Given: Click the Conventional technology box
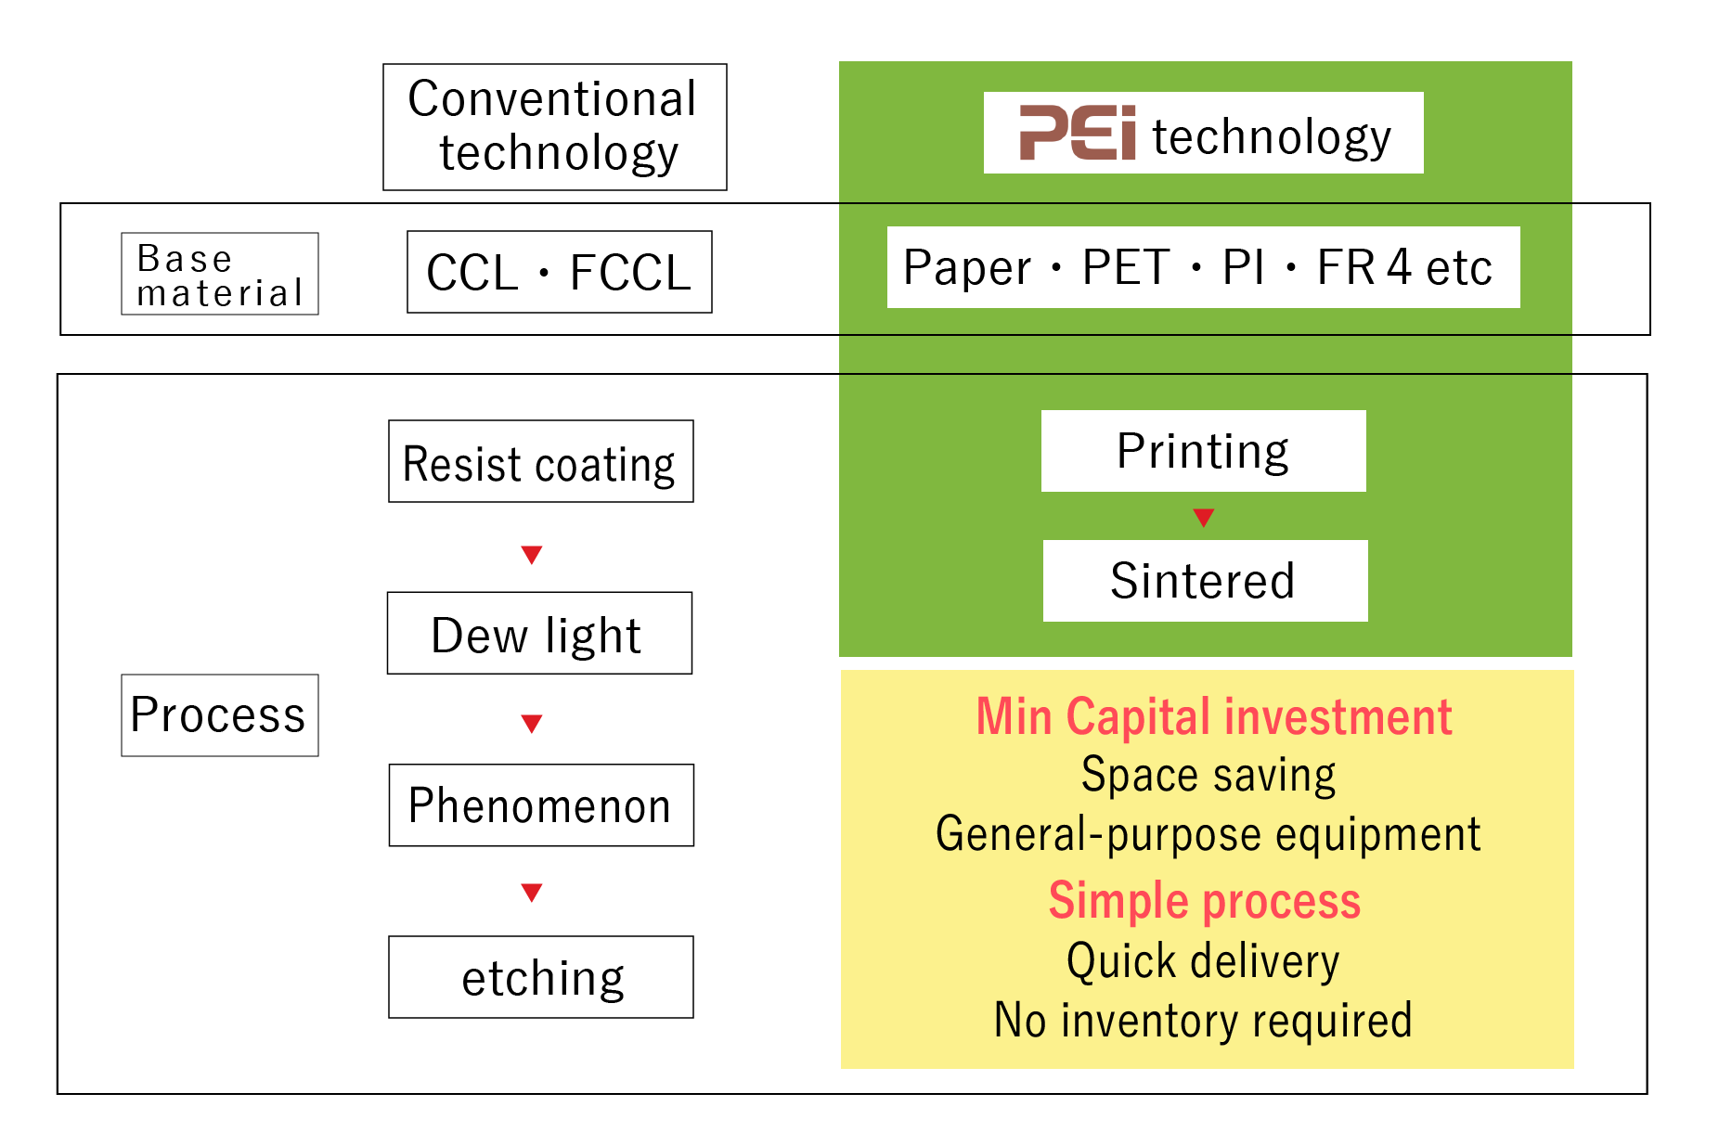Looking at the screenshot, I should point(554,127).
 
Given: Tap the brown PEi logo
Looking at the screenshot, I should point(1077,133).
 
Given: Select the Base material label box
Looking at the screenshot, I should point(219,274).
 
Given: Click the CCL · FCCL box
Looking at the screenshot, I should point(559,272).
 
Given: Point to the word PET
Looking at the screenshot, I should point(1125,267).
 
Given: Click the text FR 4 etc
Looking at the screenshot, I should point(1403,267).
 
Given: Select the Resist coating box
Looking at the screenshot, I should point(540,461).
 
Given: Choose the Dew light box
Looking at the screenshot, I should point(538,633).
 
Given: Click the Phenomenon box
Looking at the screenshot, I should point(540,805).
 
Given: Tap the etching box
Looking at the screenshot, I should point(540,977).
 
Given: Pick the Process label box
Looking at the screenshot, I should point(219,714).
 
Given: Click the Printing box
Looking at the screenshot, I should point(1203,451).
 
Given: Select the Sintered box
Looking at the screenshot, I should point(1204,581).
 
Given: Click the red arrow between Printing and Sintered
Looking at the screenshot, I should point(1203,517).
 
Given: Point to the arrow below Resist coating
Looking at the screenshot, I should point(531,554).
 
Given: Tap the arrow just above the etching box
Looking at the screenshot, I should point(531,892).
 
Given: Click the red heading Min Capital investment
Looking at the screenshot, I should point(1213,716).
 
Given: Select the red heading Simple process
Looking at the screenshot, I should point(1204,900).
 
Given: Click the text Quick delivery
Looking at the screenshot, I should point(1203,960).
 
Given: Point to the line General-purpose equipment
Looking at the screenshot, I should point(1208,833).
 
